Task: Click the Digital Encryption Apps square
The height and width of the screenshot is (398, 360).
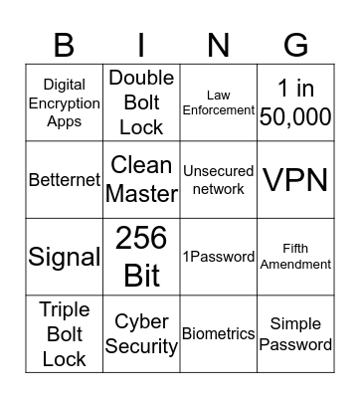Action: tap(64, 103)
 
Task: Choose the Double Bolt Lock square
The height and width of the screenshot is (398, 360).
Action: tap(141, 102)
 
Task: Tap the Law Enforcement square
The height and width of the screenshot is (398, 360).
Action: tap(219, 102)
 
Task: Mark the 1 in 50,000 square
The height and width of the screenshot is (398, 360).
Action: tap(295, 102)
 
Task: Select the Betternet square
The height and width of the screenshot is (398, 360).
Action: tap(64, 180)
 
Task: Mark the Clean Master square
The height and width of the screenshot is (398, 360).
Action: tap(141, 179)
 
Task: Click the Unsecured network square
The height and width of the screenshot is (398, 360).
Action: tap(219, 179)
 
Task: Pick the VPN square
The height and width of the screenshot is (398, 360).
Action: tap(295, 179)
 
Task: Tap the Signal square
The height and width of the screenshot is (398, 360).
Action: tap(64, 257)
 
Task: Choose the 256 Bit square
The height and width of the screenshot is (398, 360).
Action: tap(141, 257)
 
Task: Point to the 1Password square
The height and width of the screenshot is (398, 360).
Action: tap(219, 257)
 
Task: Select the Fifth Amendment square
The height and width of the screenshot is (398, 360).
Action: tap(295, 257)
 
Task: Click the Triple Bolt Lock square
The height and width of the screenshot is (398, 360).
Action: tap(64, 333)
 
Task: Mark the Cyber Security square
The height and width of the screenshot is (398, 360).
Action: tap(141, 333)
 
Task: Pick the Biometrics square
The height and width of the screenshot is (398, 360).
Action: tap(219, 333)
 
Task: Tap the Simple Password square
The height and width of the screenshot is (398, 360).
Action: tap(295, 333)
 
